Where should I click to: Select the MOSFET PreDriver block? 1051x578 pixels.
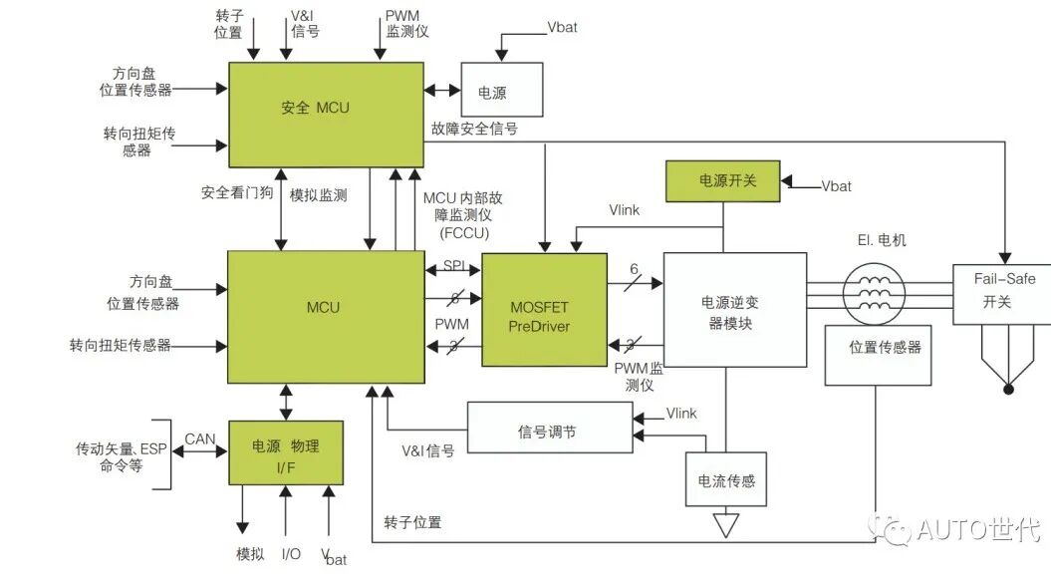544,309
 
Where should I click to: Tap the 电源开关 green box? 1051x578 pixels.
721,180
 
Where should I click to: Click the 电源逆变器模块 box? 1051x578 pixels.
734,309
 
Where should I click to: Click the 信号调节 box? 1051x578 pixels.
549,429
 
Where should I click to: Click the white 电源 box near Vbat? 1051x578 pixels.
501,93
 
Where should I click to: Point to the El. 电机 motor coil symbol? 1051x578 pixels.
874,295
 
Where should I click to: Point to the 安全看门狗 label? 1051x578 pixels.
236,194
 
